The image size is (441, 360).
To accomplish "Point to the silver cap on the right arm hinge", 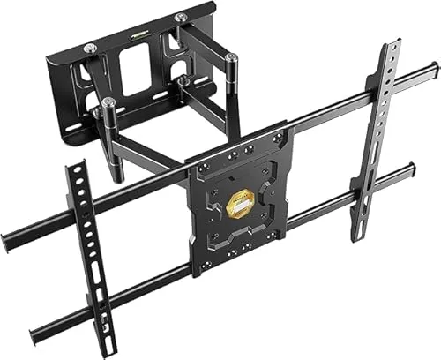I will coord(232,58).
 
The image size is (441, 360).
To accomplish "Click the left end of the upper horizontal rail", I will coord(7,239).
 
